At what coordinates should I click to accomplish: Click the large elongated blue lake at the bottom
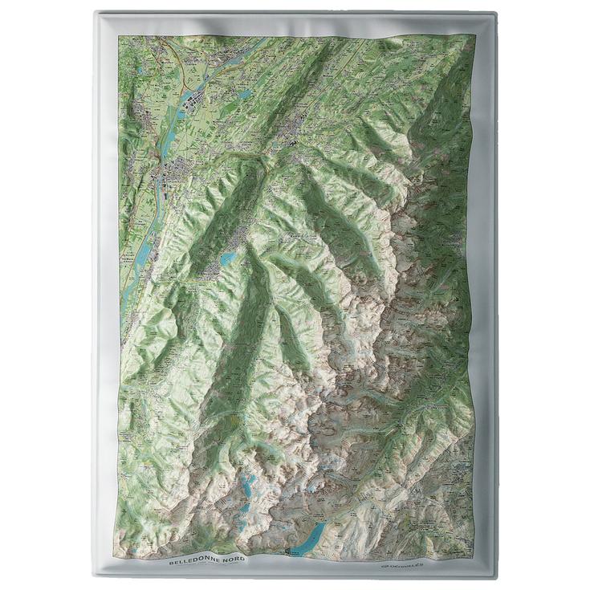309,535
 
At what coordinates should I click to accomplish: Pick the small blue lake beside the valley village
228,258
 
